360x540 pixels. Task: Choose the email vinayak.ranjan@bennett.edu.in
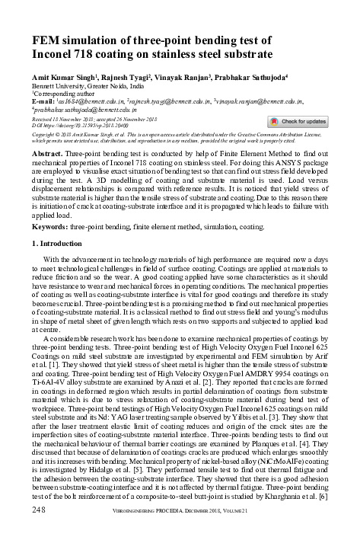[262, 101]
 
